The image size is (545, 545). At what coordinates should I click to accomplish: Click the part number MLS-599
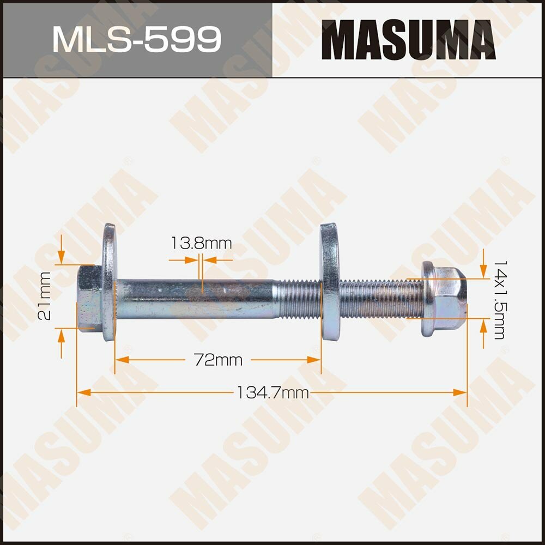click(x=136, y=39)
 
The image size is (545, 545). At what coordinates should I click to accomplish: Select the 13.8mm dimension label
click(x=201, y=244)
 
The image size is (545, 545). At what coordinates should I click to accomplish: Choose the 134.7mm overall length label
click(x=272, y=392)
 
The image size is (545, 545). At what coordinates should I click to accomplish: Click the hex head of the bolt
click(x=89, y=298)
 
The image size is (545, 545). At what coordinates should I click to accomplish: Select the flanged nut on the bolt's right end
click(x=443, y=298)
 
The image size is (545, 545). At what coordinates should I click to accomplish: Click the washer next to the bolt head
click(x=109, y=282)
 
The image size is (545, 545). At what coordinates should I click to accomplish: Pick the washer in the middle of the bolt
click(x=329, y=282)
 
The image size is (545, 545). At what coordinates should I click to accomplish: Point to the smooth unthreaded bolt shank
click(x=196, y=298)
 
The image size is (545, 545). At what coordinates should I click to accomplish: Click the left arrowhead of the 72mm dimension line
click(x=121, y=360)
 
